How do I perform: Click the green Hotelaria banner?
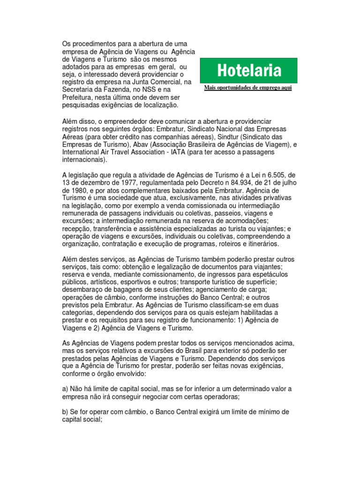click(248, 71)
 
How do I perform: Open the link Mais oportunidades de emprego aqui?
click(248, 88)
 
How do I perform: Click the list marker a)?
click(65, 388)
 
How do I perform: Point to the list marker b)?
click(65, 411)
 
